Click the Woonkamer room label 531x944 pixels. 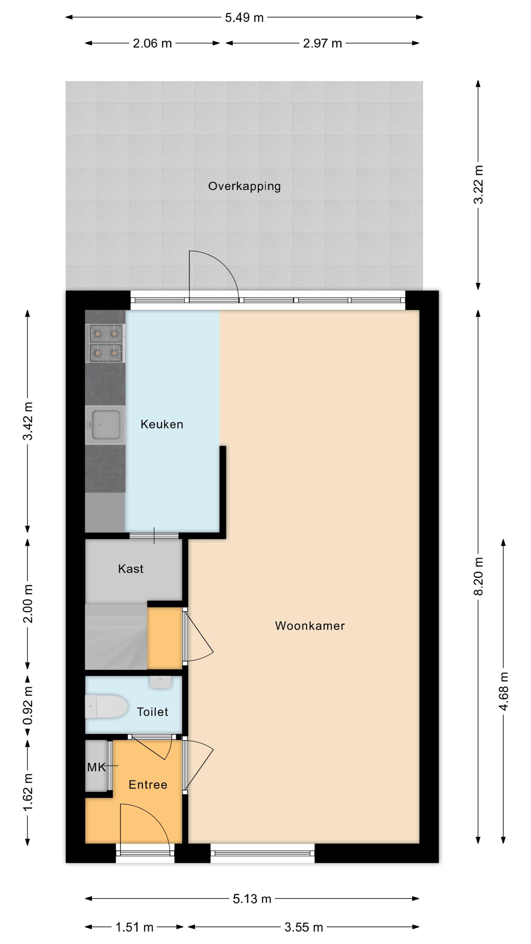coord(310,626)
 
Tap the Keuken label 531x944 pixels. coord(162,424)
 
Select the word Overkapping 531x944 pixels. coord(244,186)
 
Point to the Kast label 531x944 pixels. coord(131,569)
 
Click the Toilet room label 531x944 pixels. coord(152,712)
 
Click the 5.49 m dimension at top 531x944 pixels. coord(244,18)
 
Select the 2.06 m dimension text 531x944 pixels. coord(152,44)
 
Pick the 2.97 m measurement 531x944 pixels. coord(322,44)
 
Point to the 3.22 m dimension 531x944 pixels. coord(478,184)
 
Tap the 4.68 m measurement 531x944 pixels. coord(504,691)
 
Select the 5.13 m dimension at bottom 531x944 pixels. coord(252,899)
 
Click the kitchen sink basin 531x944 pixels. coord(106,425)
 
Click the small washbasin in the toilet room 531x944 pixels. coord(160,682)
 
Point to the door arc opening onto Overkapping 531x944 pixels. coord(221,267)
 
